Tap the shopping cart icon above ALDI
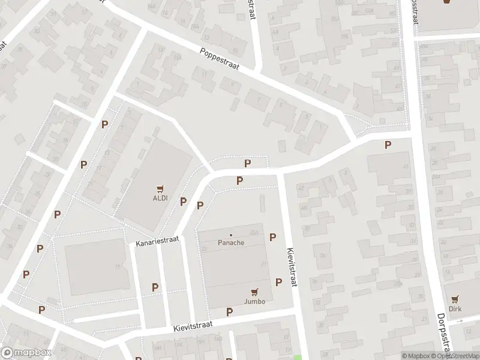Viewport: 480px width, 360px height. coord(160,188)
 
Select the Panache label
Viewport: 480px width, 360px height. coord(231,243)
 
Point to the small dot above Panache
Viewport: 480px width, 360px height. coord(231,235)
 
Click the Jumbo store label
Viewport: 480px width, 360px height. coord(254,301)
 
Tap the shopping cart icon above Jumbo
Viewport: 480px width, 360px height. coord(254,292)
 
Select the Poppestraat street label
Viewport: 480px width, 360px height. coord(220,59)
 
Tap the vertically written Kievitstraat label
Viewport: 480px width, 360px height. coord(292,268)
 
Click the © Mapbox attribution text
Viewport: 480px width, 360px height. coord(416,356)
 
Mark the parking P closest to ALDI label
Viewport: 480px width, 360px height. coord(183,202)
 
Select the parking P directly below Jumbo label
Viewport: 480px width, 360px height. coord(229,312)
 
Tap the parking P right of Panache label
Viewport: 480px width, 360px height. coord(273,237)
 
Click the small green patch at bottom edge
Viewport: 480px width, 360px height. coord(298,358)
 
